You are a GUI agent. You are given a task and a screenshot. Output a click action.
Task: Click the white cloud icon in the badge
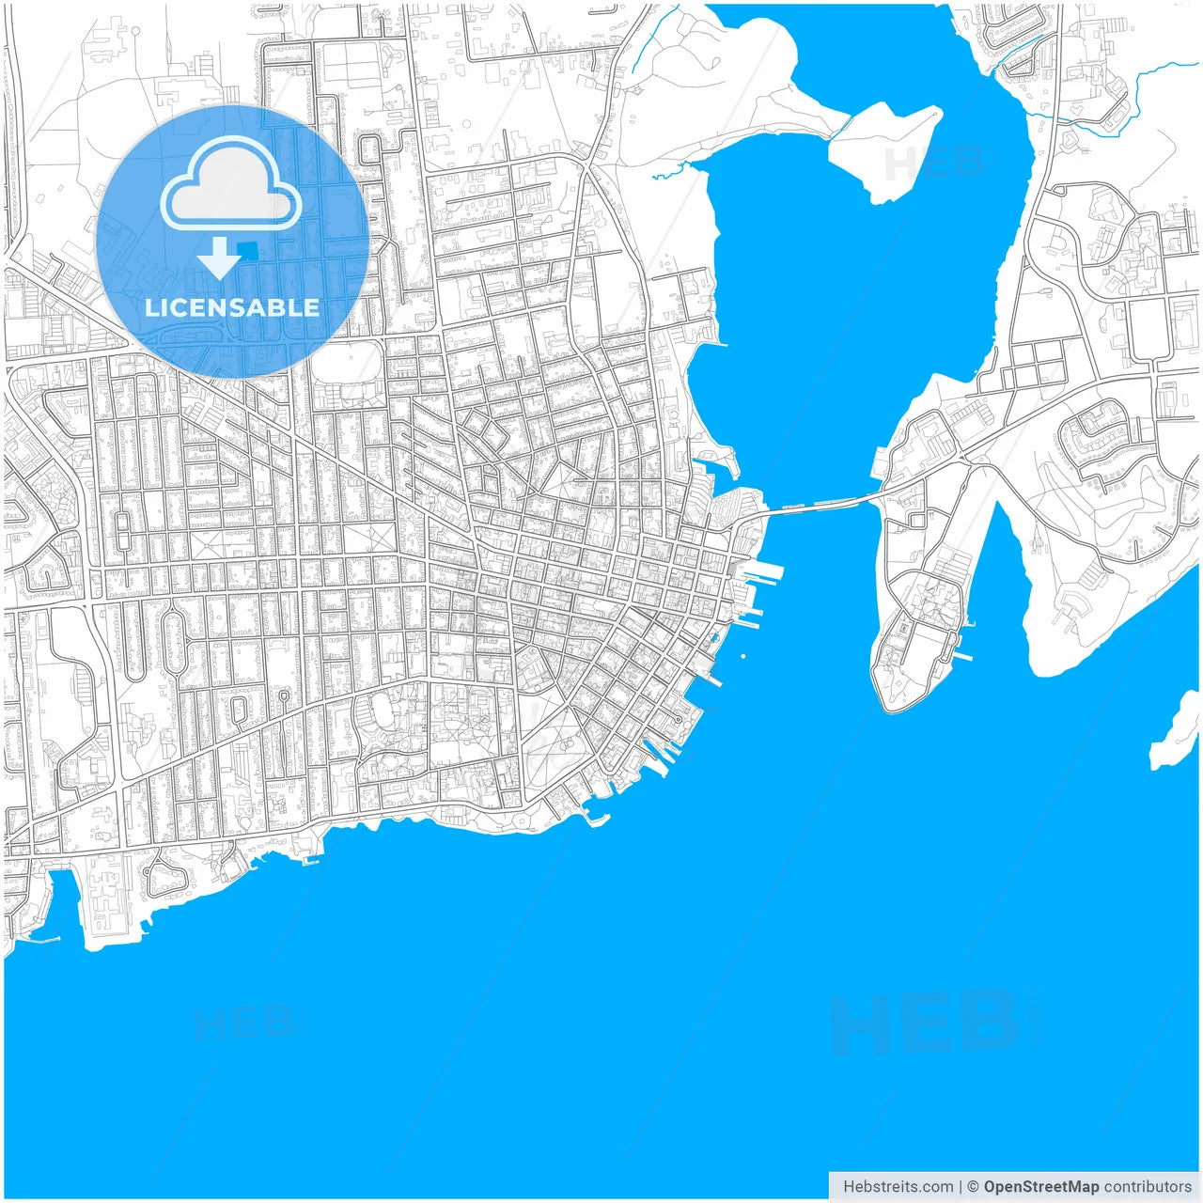[231, 184]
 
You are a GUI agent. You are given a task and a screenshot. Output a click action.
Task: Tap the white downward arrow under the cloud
[218, 258]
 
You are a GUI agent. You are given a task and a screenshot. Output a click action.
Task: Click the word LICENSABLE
[232, 307]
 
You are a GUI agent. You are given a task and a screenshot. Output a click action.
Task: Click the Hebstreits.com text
[898, 1186]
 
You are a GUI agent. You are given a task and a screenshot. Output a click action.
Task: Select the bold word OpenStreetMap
[1040, 1186]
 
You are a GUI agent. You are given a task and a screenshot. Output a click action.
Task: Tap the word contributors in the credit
[1148, 1186]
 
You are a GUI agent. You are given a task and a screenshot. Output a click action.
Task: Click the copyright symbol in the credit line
[973, 1186]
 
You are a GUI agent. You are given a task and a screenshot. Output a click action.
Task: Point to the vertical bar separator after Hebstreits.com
[961, 1186]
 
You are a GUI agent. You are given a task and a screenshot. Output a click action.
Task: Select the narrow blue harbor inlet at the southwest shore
[64, 902]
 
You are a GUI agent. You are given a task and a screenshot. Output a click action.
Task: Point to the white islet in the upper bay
[883, 150]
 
